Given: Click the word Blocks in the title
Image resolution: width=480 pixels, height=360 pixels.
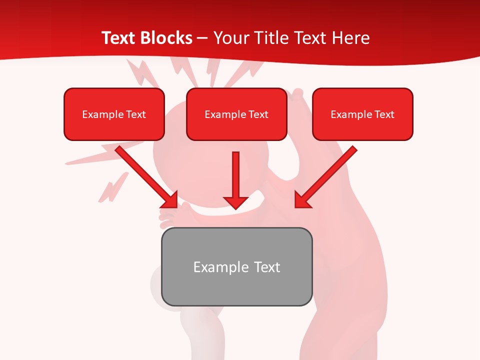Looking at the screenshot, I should pos(167,38).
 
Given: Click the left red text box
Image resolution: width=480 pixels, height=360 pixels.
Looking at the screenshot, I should pos(114,114).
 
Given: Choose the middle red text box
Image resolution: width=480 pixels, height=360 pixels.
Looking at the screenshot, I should pos(236,114).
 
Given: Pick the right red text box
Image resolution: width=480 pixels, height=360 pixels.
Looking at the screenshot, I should pos(362,114).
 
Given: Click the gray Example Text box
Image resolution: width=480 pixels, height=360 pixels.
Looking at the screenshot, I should pos(236,266).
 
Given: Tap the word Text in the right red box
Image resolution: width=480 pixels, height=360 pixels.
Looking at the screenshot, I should pos(384,114).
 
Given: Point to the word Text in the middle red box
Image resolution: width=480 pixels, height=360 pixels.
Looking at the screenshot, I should pos(258,114).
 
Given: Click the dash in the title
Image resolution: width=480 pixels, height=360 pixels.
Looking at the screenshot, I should pos(202,38).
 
